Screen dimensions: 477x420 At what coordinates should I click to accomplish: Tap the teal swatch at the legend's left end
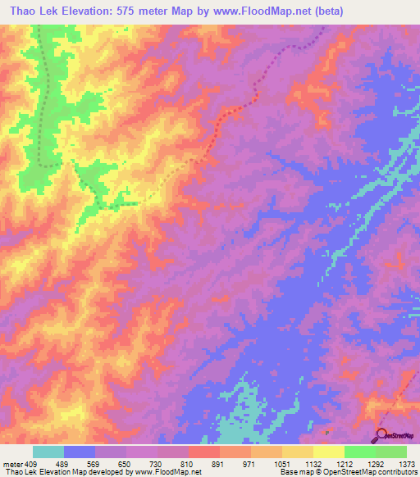pos(48,452)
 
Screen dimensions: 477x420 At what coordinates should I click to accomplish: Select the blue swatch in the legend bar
pos(80,452)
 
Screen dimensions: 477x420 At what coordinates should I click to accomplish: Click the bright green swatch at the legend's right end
pos(391,452)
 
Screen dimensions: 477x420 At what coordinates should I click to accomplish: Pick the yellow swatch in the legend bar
pos(329,452)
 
